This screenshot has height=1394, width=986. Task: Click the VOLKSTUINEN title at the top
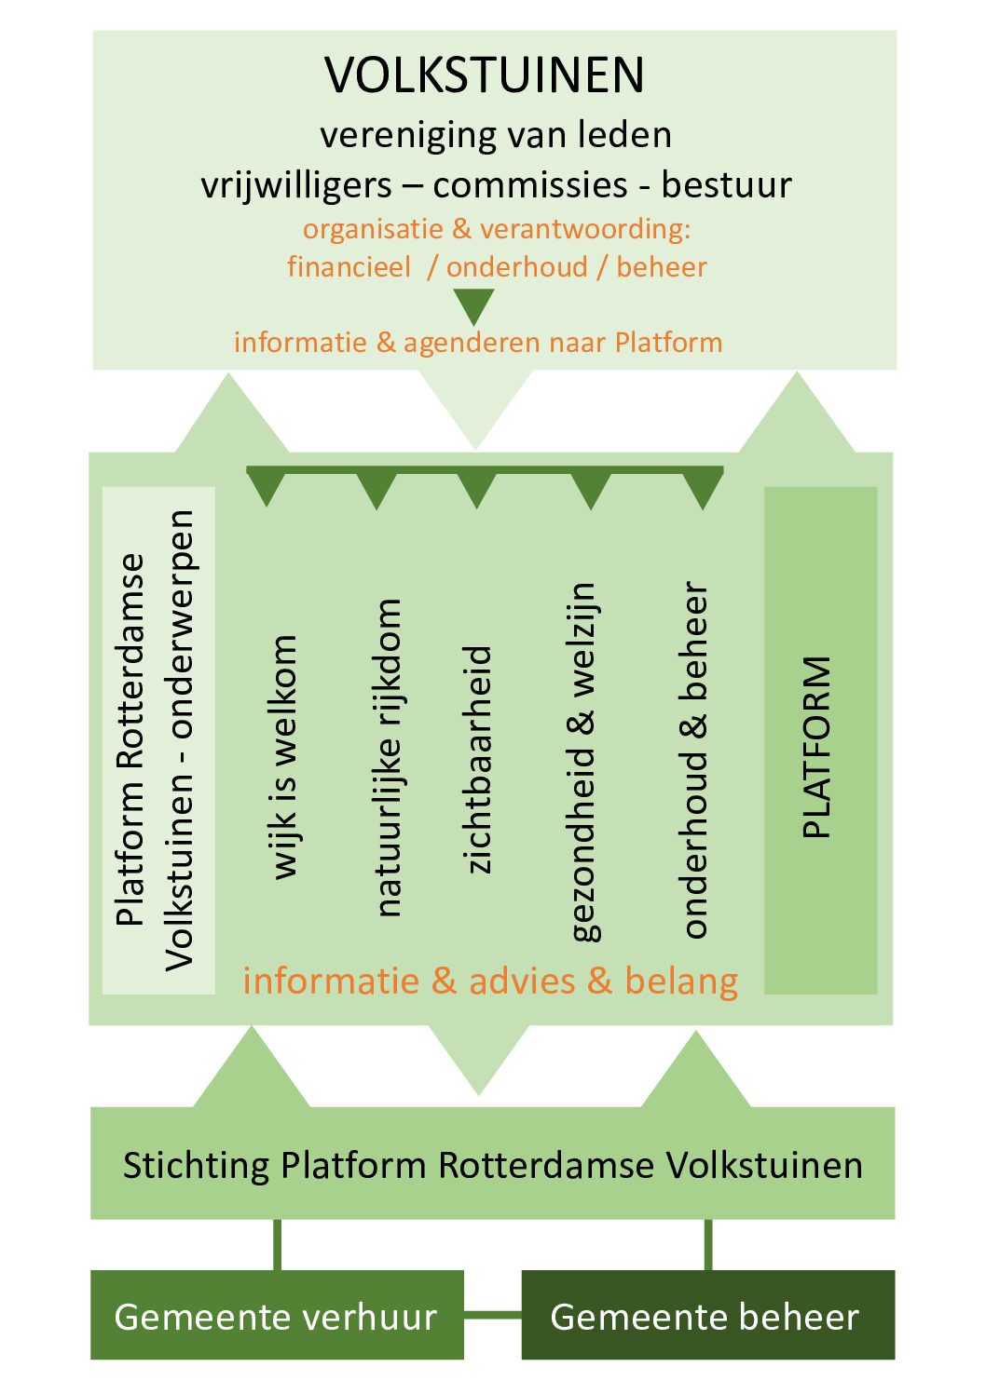click(485, 75)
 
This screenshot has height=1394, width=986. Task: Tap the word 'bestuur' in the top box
click(726, 184)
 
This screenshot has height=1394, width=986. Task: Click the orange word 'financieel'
click(349, 267)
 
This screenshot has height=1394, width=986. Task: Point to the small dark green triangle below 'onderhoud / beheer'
click(473, 305)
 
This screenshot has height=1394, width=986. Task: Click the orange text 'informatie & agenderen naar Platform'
click(478, 343)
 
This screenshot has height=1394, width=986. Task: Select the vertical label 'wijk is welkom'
click(283, 756)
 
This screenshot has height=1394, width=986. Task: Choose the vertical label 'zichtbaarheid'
click(477, 759)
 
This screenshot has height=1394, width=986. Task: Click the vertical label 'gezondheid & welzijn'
click(583, 761)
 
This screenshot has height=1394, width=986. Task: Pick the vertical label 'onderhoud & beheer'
click(695, 759)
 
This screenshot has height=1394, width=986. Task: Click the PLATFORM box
click(820, 740)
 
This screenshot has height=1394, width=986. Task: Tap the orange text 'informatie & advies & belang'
click(490, 981)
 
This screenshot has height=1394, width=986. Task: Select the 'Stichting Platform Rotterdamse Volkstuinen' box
click(492, 1164)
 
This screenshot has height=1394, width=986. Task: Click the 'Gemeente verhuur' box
click(277, 1315)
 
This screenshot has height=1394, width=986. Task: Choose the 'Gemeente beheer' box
click(707, 1315)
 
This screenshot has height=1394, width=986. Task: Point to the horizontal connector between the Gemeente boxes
click(492, 1315)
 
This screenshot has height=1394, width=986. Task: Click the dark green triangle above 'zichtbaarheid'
click(476, 490)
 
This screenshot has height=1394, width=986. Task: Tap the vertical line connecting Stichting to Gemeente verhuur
click(278, 1244)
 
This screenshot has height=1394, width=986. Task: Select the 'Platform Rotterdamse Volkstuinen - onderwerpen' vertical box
click(157, 740)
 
